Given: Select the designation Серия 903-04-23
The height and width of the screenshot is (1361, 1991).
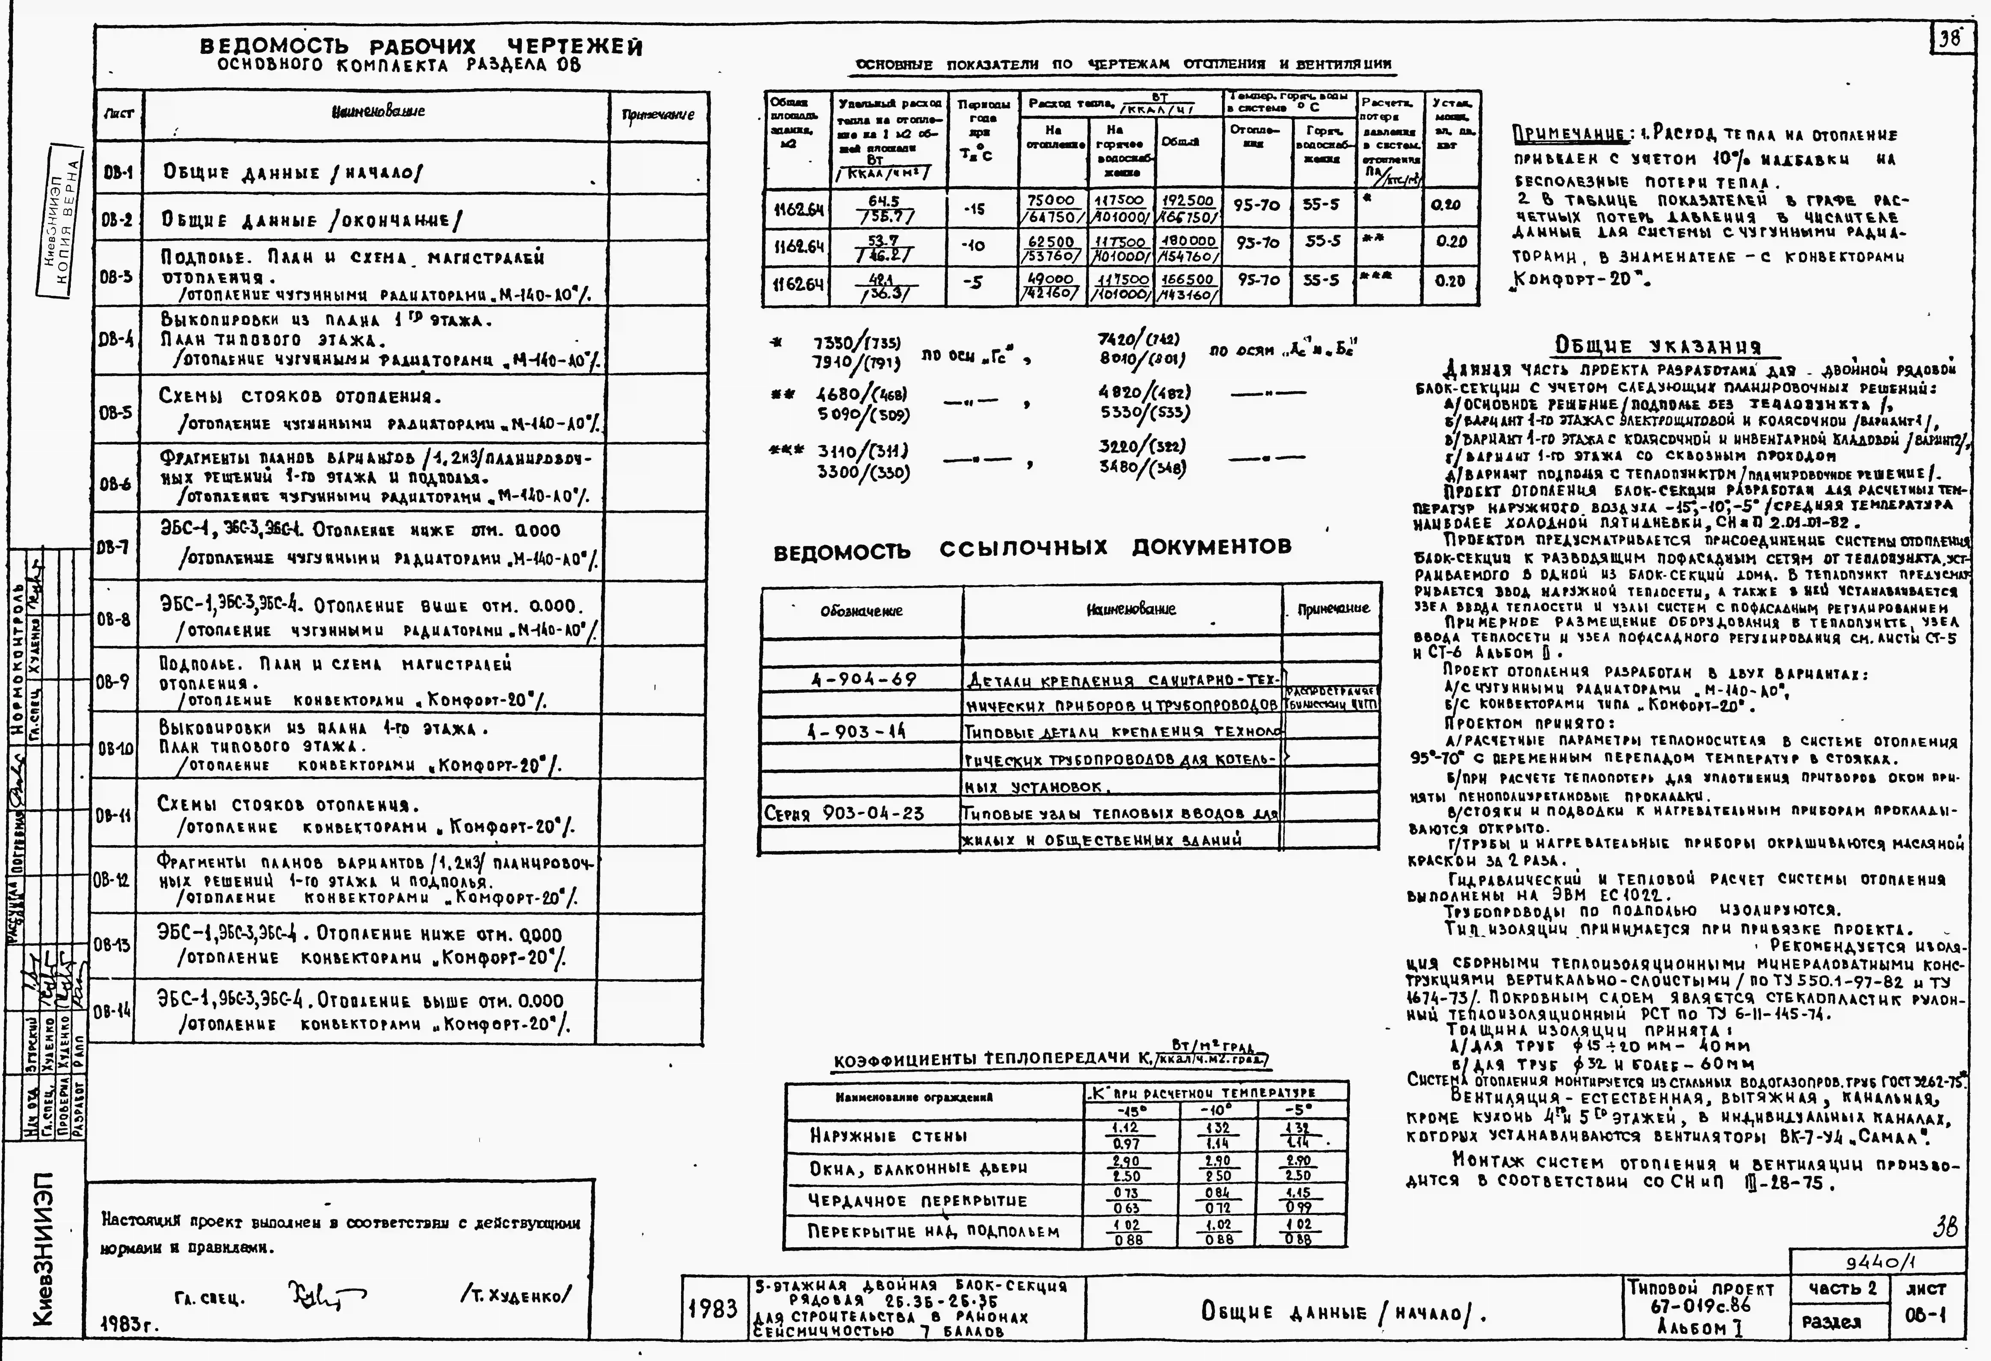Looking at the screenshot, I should (x=844, y=813).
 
